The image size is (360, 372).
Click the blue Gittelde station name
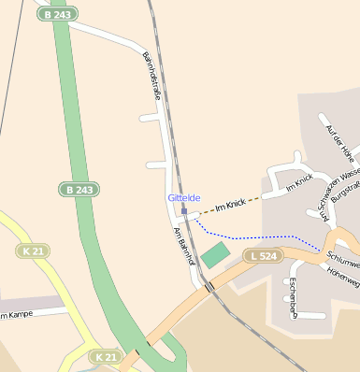(183, 198)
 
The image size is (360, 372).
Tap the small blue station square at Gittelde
(184, 211)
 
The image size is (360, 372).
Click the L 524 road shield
(263, 255)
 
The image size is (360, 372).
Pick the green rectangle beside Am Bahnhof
(215, 254)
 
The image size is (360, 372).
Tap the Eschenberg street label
(293, 297)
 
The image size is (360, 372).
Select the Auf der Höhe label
(338, 139)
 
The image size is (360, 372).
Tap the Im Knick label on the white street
(297, 185)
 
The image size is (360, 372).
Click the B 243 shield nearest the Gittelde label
(79, 189)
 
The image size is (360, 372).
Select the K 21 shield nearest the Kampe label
(31, 251)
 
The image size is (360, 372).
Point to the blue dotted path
(252, 235)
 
